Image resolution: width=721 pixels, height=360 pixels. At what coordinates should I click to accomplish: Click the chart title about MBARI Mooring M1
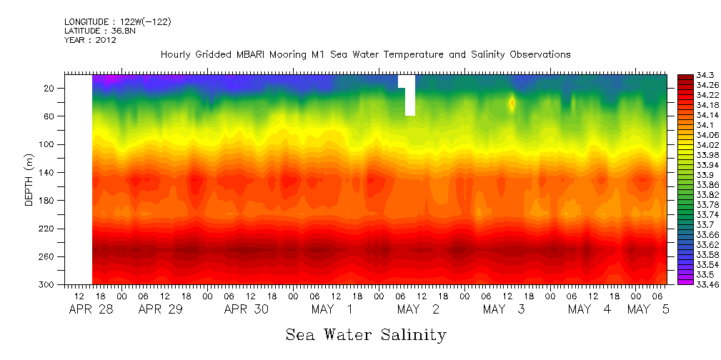click(365, 54)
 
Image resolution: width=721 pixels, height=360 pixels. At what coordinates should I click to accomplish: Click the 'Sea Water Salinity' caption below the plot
click(366, 334)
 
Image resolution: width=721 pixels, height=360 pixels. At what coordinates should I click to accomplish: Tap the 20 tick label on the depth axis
click(50, 88)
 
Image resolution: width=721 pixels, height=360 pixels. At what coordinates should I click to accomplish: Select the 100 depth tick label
click(47, 144)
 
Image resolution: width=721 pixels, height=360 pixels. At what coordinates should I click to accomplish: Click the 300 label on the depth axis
click(47, 284)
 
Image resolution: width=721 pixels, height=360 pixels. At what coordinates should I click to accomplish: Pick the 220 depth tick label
click(47, 229)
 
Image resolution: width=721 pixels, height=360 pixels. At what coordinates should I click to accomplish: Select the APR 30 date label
click(247, 309)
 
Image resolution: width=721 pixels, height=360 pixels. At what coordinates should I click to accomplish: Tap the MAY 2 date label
click(418, 309)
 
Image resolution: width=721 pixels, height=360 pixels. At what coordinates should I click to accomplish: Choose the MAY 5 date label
click(649, 309)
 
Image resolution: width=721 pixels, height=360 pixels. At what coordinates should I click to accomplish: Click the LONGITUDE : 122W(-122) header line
click(117, 21)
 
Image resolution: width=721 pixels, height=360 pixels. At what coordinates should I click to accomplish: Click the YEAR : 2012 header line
click(90, 40)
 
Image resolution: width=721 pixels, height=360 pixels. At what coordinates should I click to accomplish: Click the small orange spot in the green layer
click(512, 103)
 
